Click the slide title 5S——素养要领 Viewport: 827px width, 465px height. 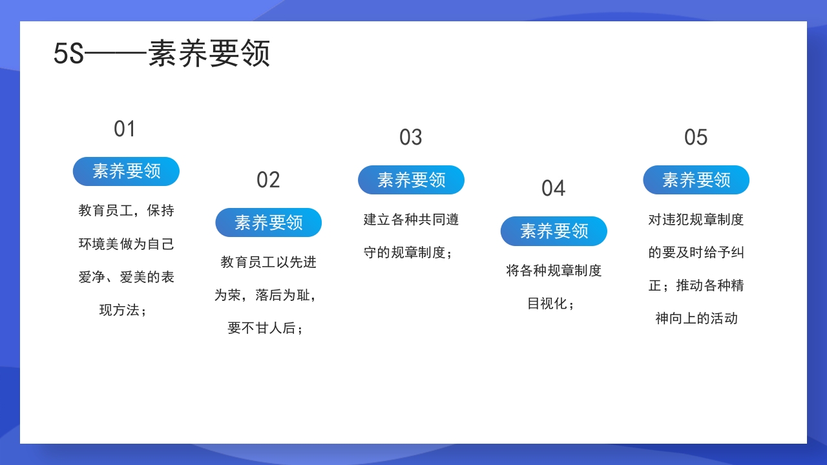[162, 54]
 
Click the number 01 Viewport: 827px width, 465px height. [125, 129]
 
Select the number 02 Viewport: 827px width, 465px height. [268, 180]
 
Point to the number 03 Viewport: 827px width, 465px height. [411, 138]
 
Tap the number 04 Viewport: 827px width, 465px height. [554, 189]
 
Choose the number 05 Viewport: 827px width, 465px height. [696, 138]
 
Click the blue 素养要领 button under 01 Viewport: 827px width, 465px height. [126, 171]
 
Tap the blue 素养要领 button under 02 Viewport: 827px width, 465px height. [268, 223]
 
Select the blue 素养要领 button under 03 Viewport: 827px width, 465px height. [411, 180]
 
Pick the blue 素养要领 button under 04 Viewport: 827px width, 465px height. [554, 231]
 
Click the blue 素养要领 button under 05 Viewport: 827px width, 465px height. [696, 180]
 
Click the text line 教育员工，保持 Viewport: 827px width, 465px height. [126, 211]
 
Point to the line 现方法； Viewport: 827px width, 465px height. [123, 310]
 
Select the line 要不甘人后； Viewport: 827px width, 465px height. [266, 328]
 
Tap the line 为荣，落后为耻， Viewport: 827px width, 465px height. [266, 295]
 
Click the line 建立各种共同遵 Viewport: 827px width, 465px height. [411, 220]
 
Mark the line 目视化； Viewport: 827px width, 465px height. [551, 304]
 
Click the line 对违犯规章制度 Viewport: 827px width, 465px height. [696, 220]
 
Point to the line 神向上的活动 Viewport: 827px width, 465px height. [696, 318]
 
